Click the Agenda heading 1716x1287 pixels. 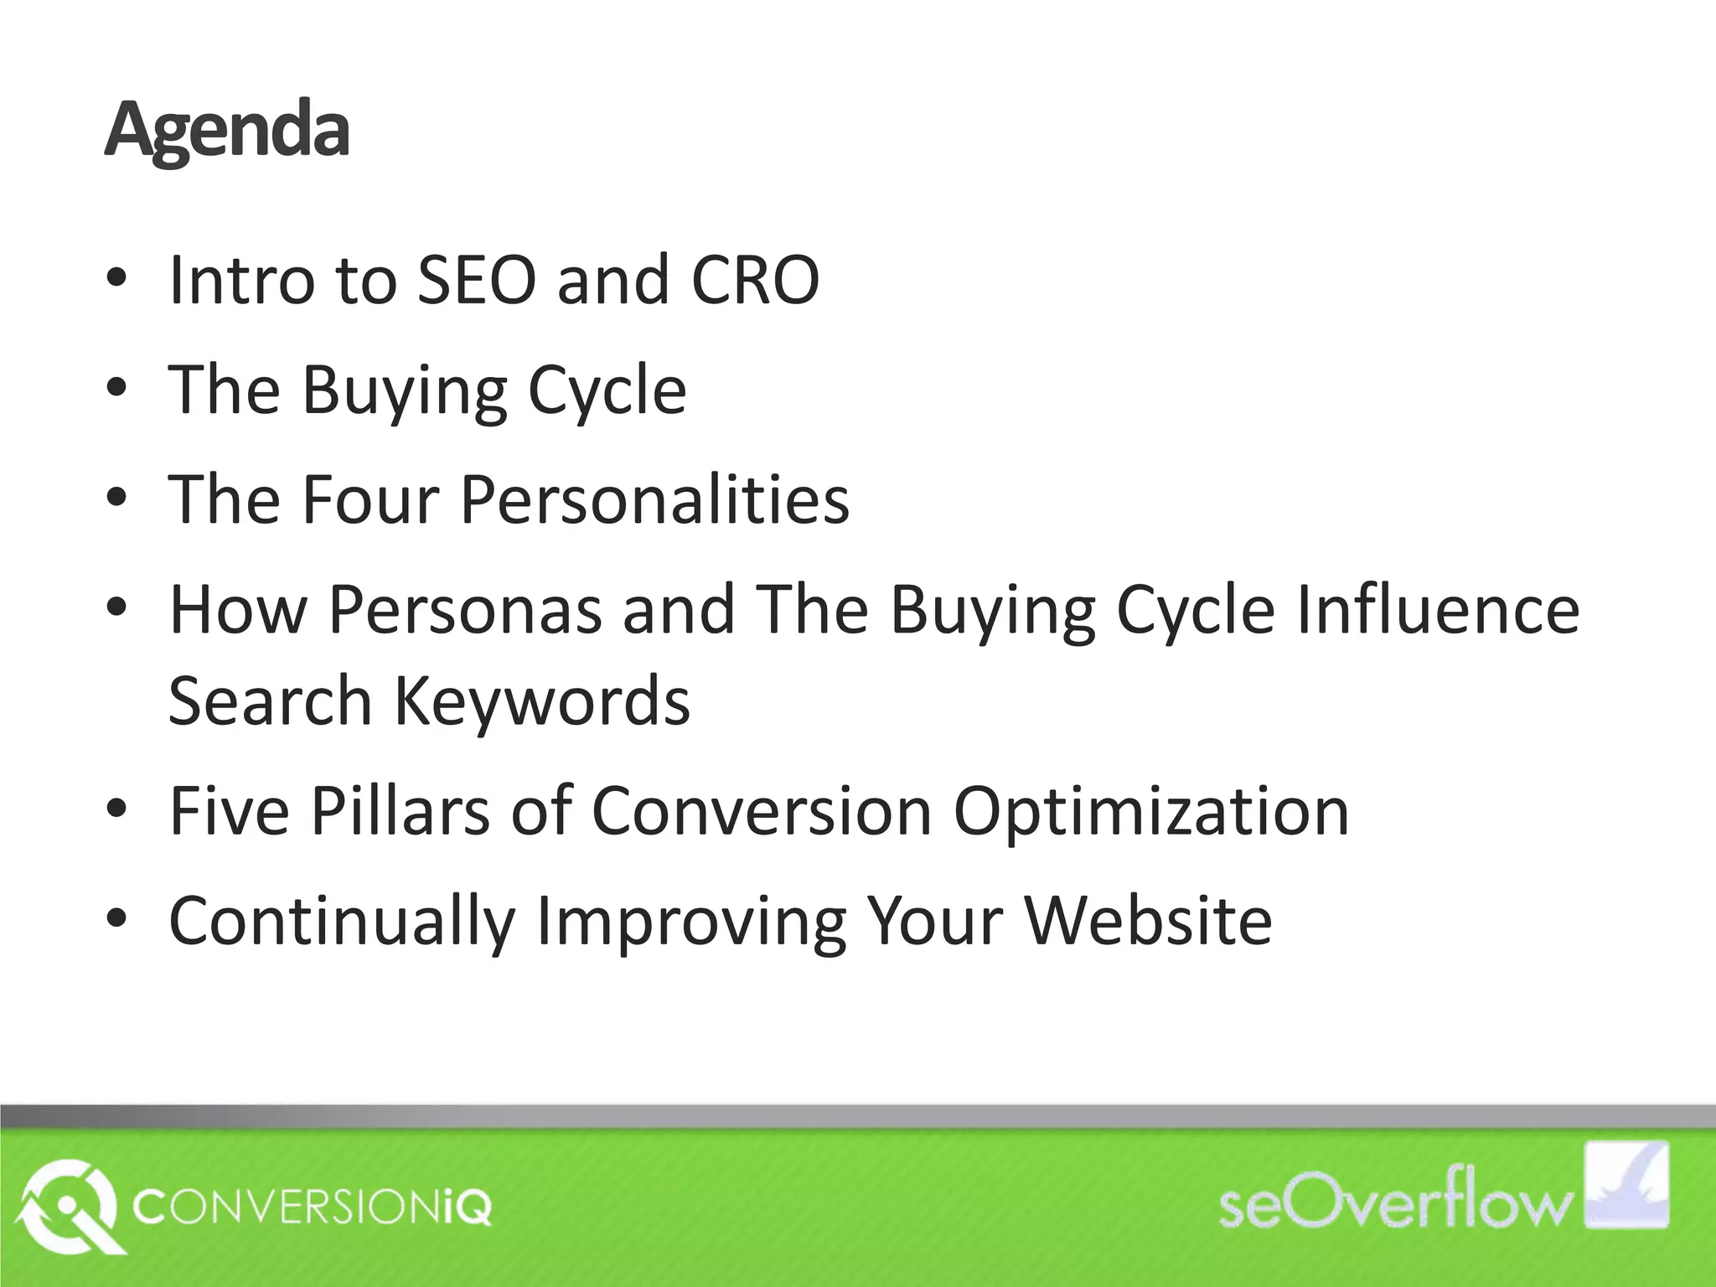pyautogui.click(x=226, y=131)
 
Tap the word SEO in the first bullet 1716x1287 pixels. pyautogui.click(x=476, y=281)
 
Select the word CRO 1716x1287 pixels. pyautogui.click(x=755, y=281)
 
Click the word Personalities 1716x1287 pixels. pyautogui.click(x=654, y=500)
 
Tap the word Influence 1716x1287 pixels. pyautogui.click(x=1437, y=610)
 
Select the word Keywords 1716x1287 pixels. pyautogui.click(x=542, y=701)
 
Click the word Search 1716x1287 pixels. pyautogui.click(x=270, y=701)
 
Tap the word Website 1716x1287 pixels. pyautogui.click(x=1148, y=921)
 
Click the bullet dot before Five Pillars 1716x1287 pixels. pyautogui.click(x=116, y=809)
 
